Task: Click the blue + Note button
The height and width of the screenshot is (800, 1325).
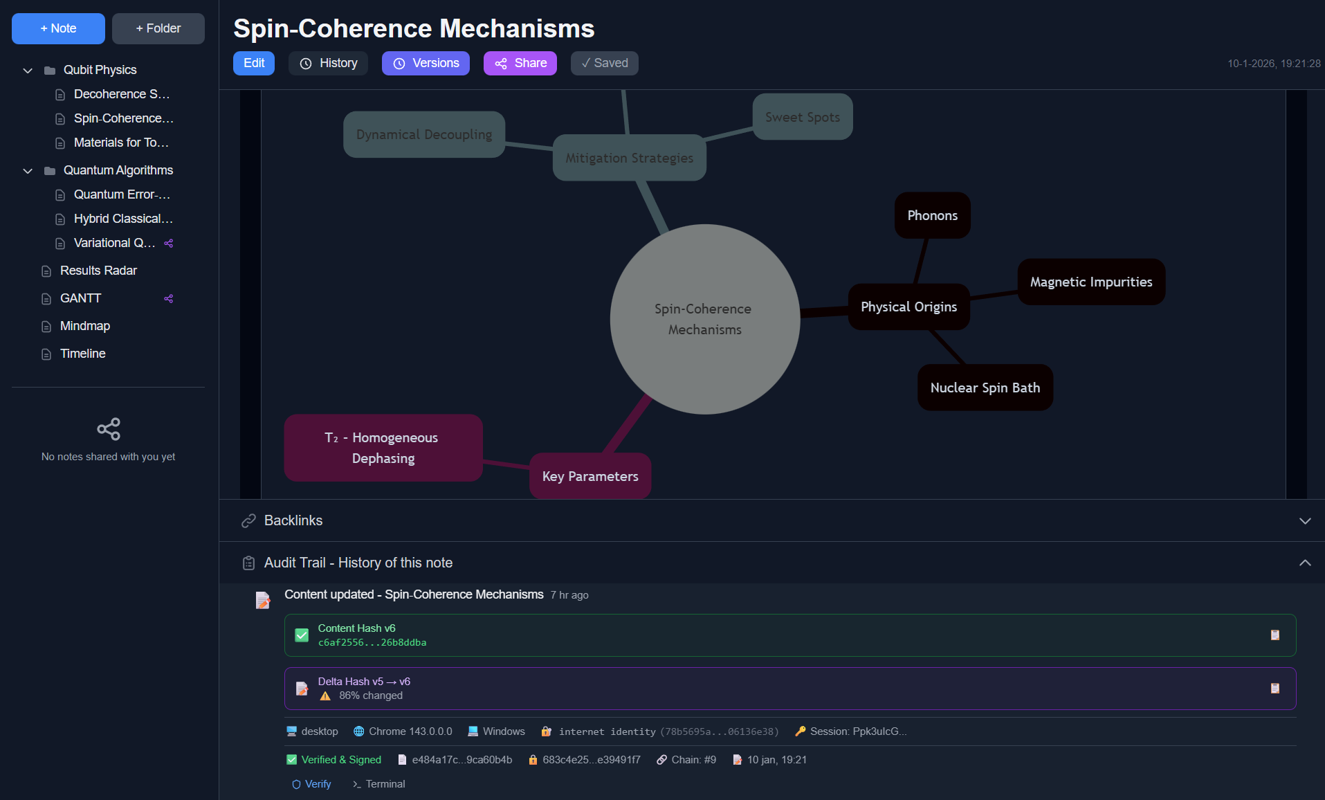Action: tap(58, 28)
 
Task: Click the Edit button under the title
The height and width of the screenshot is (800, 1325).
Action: tap(253, 63)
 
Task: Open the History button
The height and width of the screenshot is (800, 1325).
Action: tap(328, 63)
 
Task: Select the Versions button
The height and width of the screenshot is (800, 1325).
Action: tap(426, 63)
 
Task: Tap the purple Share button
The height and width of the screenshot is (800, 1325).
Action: tap(520, 63)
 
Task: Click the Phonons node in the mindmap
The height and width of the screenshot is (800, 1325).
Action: tap(932, 215)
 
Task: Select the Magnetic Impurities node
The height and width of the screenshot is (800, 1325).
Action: tap(1090, 282)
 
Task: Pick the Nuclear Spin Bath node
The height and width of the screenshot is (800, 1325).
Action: tap(985, 388)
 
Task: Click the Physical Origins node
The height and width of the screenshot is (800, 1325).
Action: tap(908, 307)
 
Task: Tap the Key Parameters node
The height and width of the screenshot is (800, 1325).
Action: tap(590, 476)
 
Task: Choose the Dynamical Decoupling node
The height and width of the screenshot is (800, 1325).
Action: tap(423, 134)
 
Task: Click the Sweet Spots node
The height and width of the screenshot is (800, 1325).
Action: tap(802, 117)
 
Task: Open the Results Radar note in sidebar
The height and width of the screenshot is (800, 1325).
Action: tap(98, 271)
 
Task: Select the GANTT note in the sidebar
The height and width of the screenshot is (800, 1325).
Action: tap(80, 298)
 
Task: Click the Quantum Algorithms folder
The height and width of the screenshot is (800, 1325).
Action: tap(118, 170)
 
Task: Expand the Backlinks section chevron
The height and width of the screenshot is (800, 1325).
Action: tap(1305, 520)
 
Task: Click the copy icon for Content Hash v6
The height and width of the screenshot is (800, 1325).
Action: tap(1274, 635)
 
